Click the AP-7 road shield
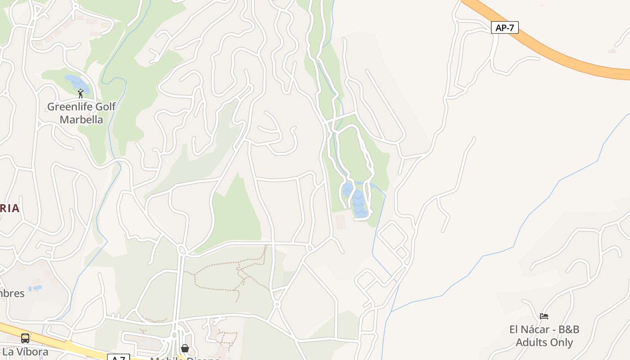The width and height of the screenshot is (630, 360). click(504, 28)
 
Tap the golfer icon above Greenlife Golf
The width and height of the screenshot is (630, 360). click(81, 94)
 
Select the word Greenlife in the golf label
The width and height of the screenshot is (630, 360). click(69, 107)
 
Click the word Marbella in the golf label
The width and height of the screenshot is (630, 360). click(81, 120)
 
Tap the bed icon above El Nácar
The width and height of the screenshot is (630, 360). click(544, 316)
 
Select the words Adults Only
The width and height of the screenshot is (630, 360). click(544, 342)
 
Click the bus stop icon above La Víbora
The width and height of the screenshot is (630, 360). click(25, 338)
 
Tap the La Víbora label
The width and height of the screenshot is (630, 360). click(25, 351)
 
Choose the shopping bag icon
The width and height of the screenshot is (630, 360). click(184, 348)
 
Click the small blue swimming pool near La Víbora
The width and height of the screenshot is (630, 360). click(35, 288)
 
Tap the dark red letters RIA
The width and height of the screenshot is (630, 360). click(9, 208)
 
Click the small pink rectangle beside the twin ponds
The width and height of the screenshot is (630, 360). click(341, 221)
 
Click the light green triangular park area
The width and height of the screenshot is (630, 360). click(236, 216)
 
